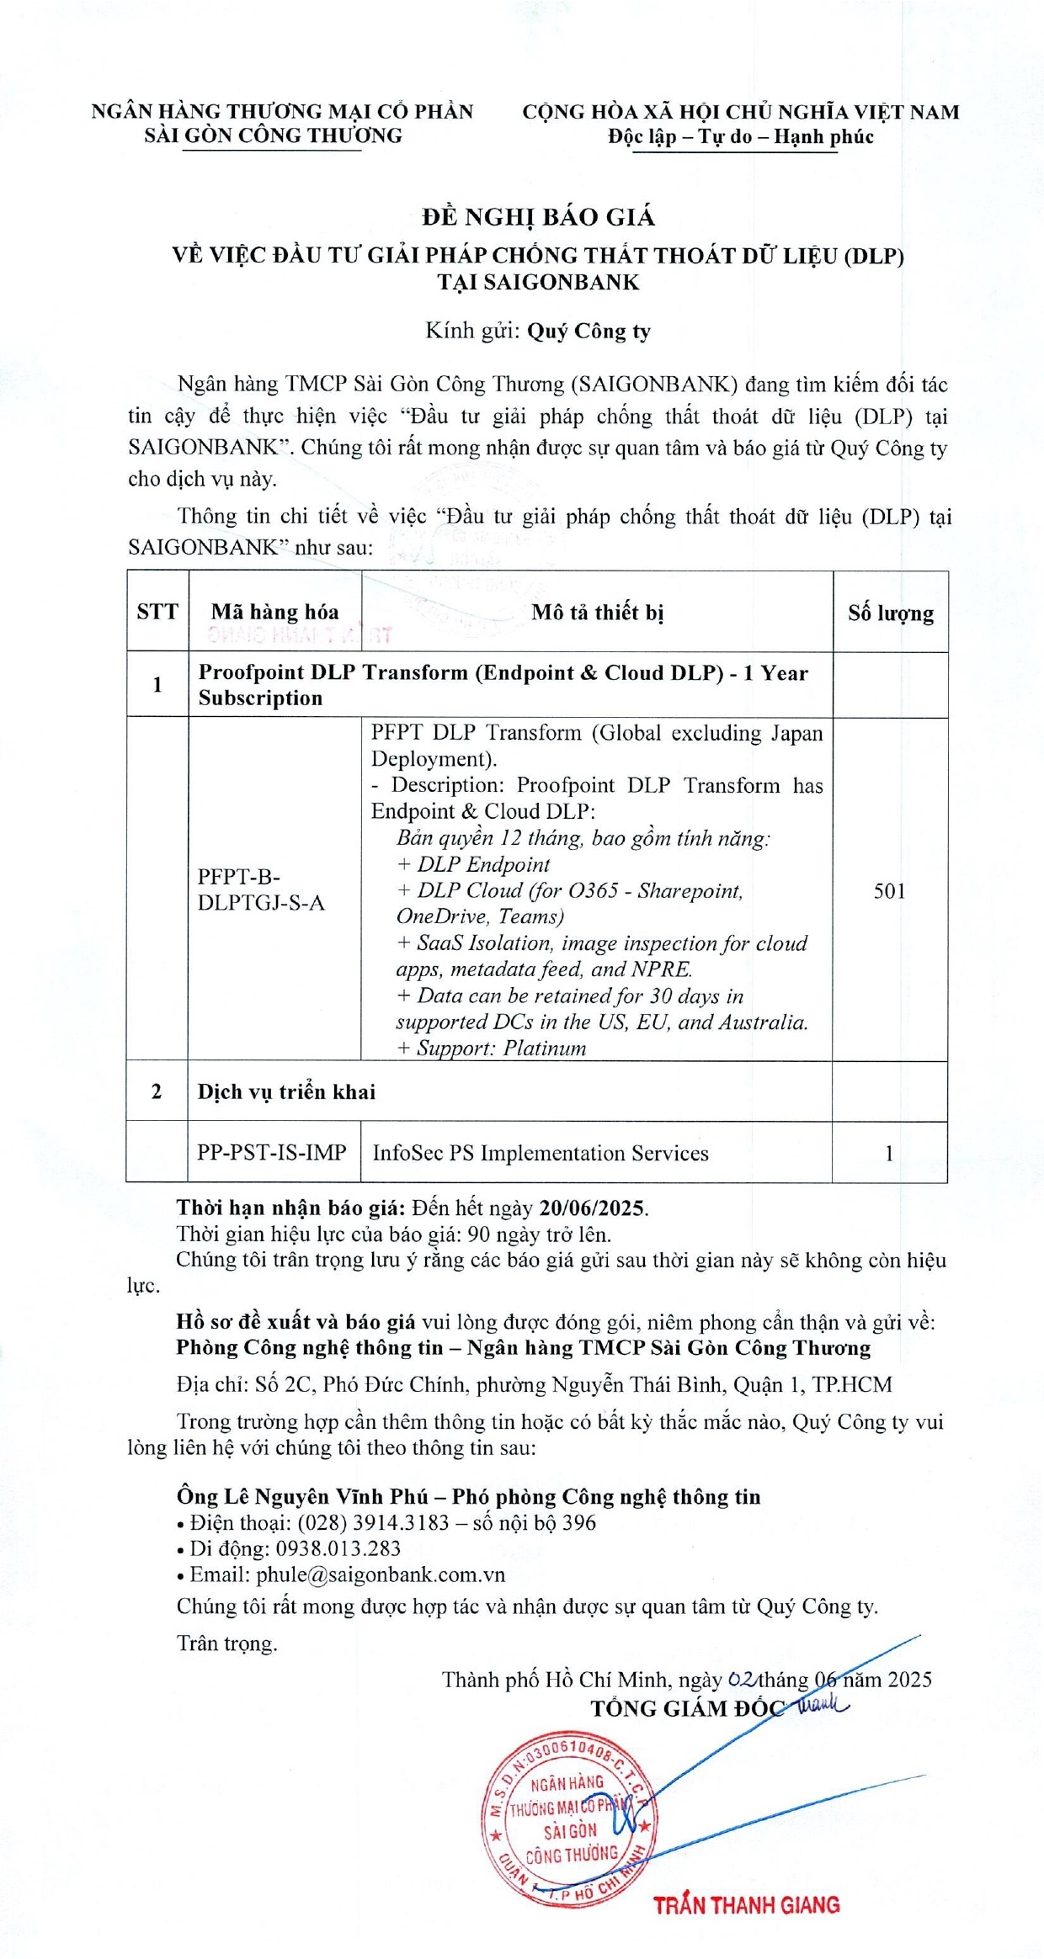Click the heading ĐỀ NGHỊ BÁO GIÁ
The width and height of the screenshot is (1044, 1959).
(x=538, y=217)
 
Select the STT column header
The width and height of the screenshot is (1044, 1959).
(x=157, y=612)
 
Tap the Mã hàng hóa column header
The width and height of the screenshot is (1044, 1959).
(x=274, y=612)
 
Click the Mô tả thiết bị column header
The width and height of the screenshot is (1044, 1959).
(x=597, y=612)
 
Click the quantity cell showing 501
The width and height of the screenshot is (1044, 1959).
(x=890, y=890)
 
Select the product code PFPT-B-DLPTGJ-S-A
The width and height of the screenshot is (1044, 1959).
(x=261, y=889)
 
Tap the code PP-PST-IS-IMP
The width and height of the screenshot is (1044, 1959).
(x=272, y=1152)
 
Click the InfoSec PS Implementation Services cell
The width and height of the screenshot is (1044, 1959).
(x=541, y=1153)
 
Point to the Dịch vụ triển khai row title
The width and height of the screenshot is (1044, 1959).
(x=286, y=1091)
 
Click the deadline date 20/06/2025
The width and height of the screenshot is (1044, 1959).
(x=592, y=1208)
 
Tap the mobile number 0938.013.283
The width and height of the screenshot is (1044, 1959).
(x=338, y=1548)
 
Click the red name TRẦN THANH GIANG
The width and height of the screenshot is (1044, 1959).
(x=747, y=1905)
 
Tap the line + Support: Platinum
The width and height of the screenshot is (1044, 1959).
(x=491, y=1048)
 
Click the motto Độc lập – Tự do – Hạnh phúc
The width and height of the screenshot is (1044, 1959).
(x=741, y=137)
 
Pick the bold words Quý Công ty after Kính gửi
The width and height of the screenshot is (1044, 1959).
(x=589, y=331)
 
